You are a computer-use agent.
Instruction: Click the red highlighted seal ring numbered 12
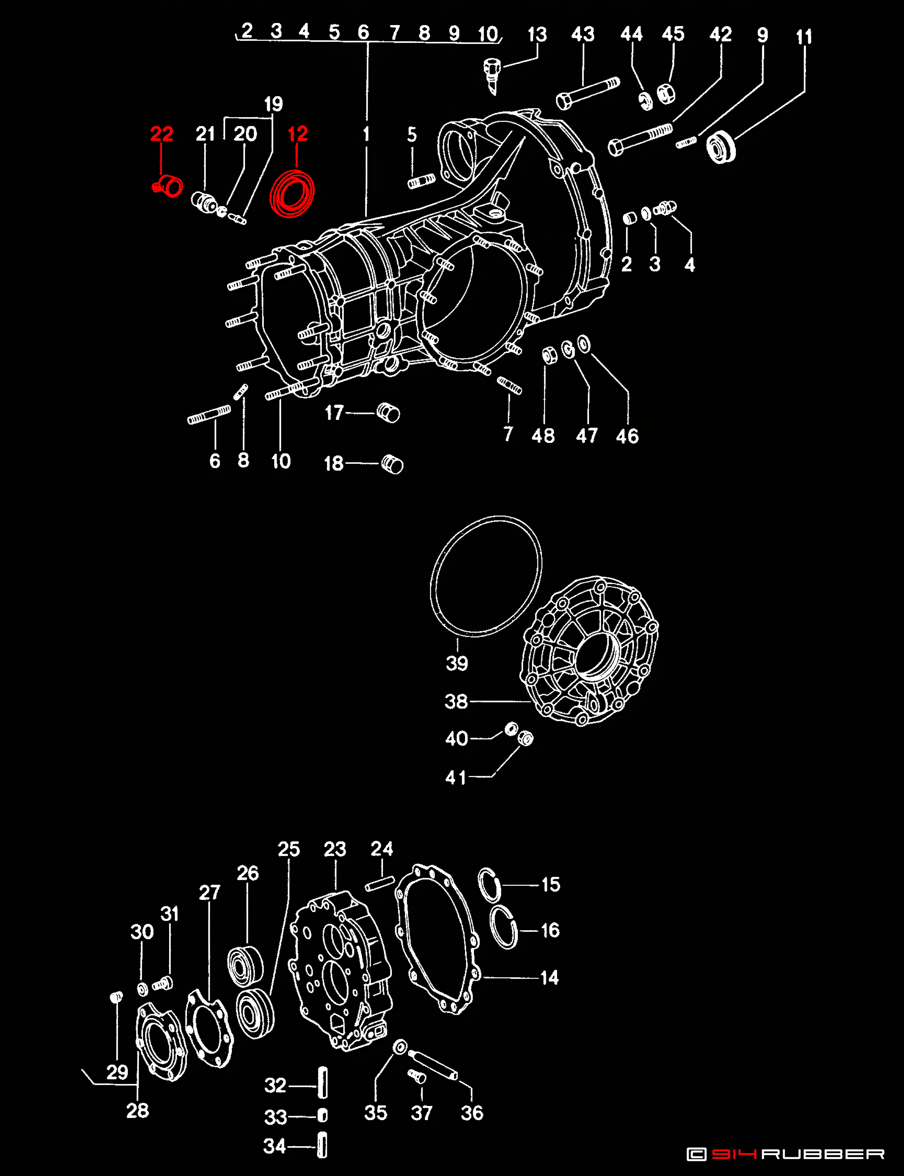292,193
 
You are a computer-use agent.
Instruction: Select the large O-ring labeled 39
486,576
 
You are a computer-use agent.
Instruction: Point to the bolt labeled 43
587,93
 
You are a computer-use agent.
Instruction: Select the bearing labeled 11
721,147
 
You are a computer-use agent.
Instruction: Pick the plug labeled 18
392,464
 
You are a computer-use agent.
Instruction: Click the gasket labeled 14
437,940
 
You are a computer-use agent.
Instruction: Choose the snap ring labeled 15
489,885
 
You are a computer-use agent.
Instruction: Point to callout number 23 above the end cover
335,849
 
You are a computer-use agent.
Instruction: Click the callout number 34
274,1146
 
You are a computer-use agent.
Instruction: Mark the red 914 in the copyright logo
735,1154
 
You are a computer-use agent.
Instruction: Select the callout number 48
543,436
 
